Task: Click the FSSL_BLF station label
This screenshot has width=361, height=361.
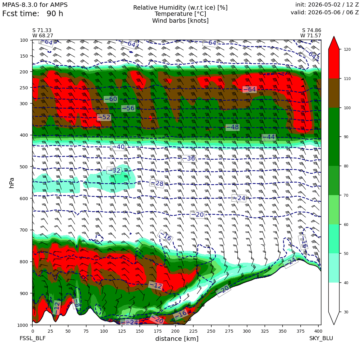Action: (x=32, y=338)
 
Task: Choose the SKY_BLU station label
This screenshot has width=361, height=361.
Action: (x=321, y=338)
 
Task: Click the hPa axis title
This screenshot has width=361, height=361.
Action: (x=12, y=183)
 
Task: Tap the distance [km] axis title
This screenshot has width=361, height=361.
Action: (x=177, y=339)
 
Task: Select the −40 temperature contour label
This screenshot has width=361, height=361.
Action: (x=118, y=147)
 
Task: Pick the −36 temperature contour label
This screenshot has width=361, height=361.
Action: (x=189, y=158)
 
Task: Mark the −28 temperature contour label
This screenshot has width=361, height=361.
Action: (x=157, y=183)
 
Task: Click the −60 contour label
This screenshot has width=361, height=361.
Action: (x=111, y=99)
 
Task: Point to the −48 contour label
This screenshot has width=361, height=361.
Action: (x=232, y=127)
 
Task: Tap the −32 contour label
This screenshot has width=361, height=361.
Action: (x=114, y=171)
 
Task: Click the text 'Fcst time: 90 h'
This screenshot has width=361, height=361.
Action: (x=33, y=14)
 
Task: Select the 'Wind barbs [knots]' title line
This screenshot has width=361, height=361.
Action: (x=180, y=21)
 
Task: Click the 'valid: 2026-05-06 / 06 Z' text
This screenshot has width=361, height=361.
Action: (x=325, y=12)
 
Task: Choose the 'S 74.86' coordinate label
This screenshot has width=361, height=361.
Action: (x=312, y=30)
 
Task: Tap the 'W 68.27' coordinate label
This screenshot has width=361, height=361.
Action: (x=43, y=36)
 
